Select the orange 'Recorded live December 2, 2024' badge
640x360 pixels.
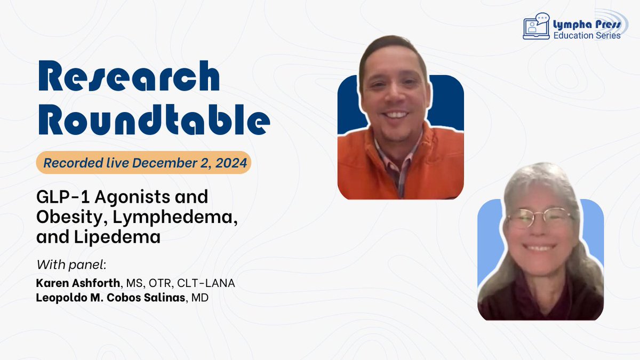pos(143,163)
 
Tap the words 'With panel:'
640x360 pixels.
pos(63,265)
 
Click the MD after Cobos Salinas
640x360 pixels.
pos(201,297)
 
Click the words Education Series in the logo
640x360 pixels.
pos(586,36)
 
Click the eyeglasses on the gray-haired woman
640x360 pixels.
pos(539,218)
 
